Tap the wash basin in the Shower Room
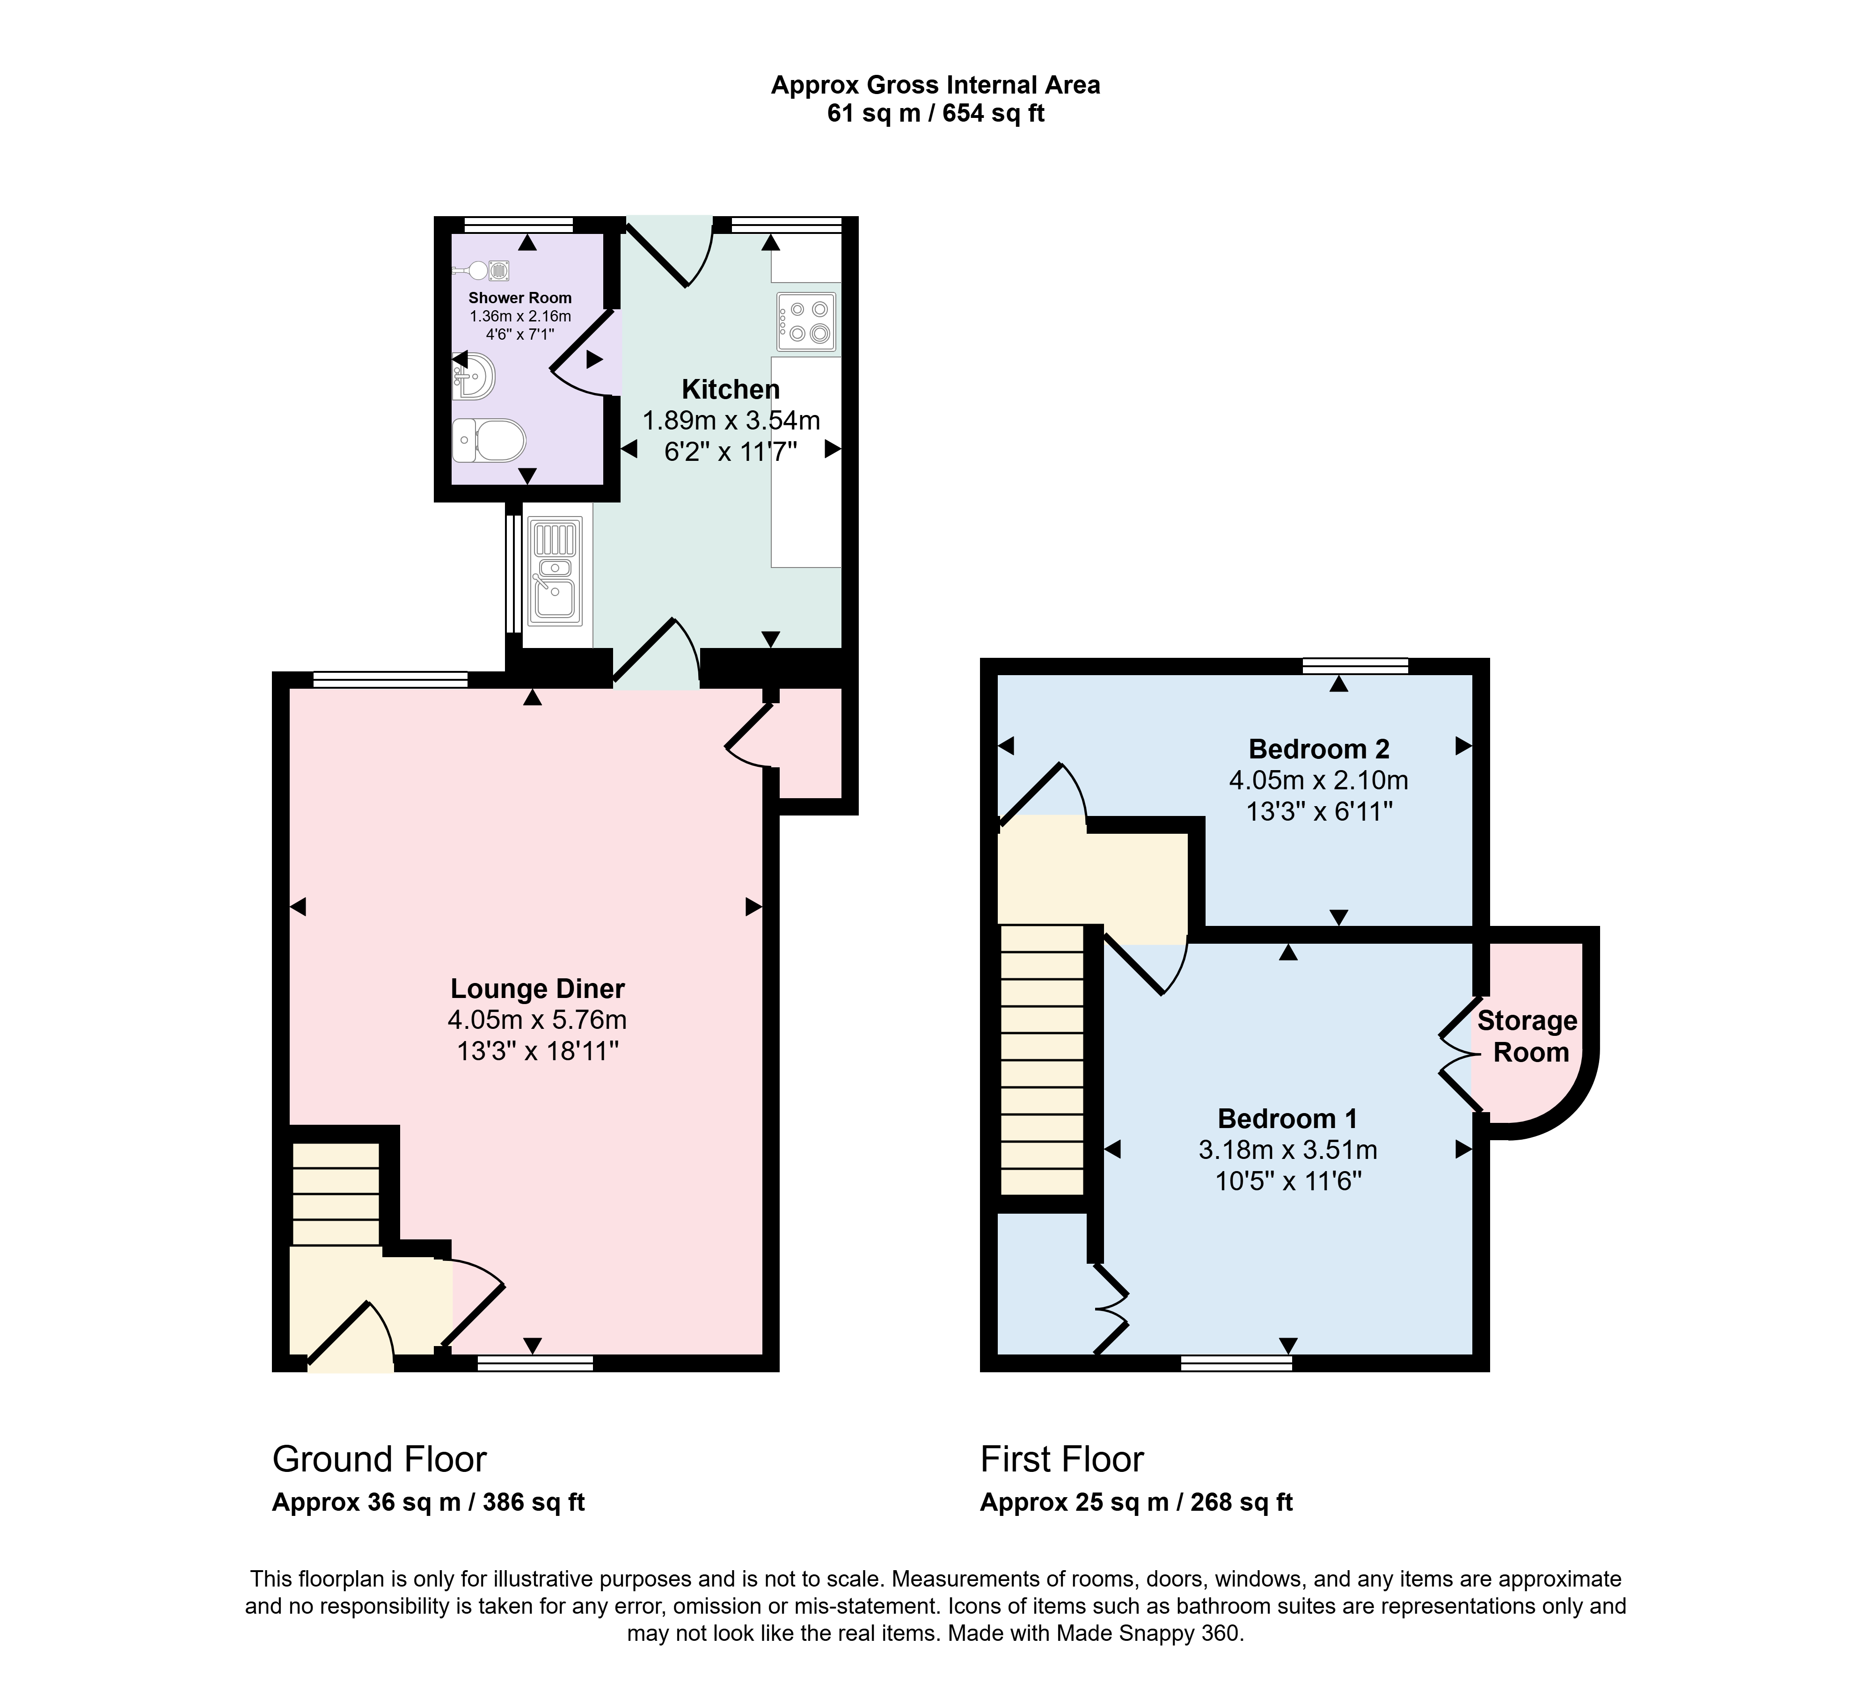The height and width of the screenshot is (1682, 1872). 473,376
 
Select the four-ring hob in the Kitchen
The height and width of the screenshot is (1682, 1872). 806,321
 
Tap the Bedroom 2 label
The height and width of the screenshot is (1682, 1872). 1318,749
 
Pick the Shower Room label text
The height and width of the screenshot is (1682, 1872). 519,298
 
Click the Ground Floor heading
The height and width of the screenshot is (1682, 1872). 379,1459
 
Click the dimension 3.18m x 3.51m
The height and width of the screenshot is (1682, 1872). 1288,1150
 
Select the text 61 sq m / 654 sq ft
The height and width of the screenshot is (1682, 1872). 936,114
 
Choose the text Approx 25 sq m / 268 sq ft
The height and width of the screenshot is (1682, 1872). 1136,1502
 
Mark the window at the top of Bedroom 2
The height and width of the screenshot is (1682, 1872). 1355,665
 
